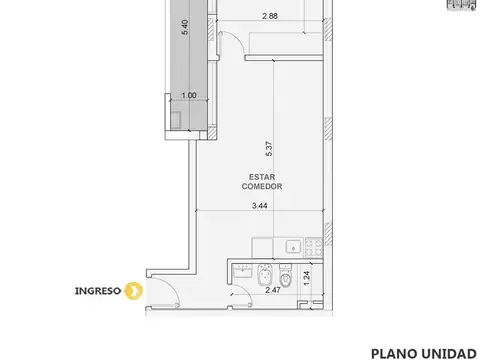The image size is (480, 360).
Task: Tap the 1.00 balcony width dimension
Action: tap(188, 96)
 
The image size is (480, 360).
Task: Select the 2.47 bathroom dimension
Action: tap(272, 290)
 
